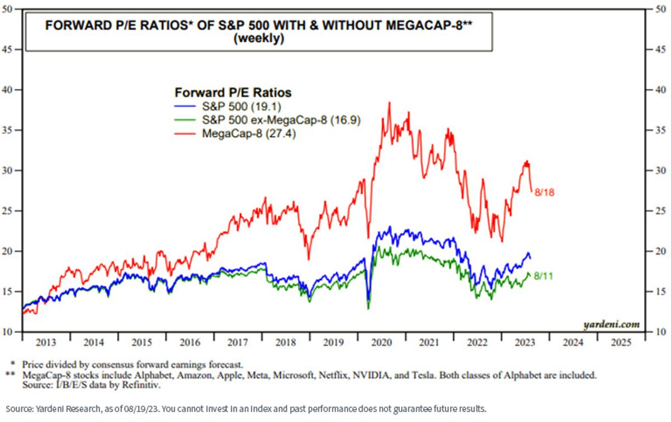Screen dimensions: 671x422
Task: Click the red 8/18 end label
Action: pos(544,193)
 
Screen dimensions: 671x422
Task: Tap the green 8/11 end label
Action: pos(544,276)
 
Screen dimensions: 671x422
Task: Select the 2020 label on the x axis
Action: pos(381,342)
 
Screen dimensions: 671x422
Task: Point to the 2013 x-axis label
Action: pos(46,342)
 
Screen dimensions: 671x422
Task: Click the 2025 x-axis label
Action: pos(621,342)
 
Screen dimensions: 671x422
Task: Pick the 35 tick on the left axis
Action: pos(7,131)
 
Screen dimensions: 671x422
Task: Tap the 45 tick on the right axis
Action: pos(660,50)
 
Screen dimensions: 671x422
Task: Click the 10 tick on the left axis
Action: pos(7,332)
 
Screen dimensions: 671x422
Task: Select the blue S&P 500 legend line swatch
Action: pos(185,106)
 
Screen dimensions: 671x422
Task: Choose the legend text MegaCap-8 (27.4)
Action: pos(249,133)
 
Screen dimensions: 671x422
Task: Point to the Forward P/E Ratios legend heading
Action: pos(233,93)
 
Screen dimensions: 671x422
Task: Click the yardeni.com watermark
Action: pos(611,324)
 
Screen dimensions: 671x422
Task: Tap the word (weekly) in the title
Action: pos(259,39)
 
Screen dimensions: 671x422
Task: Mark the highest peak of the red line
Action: pos(389,102)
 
